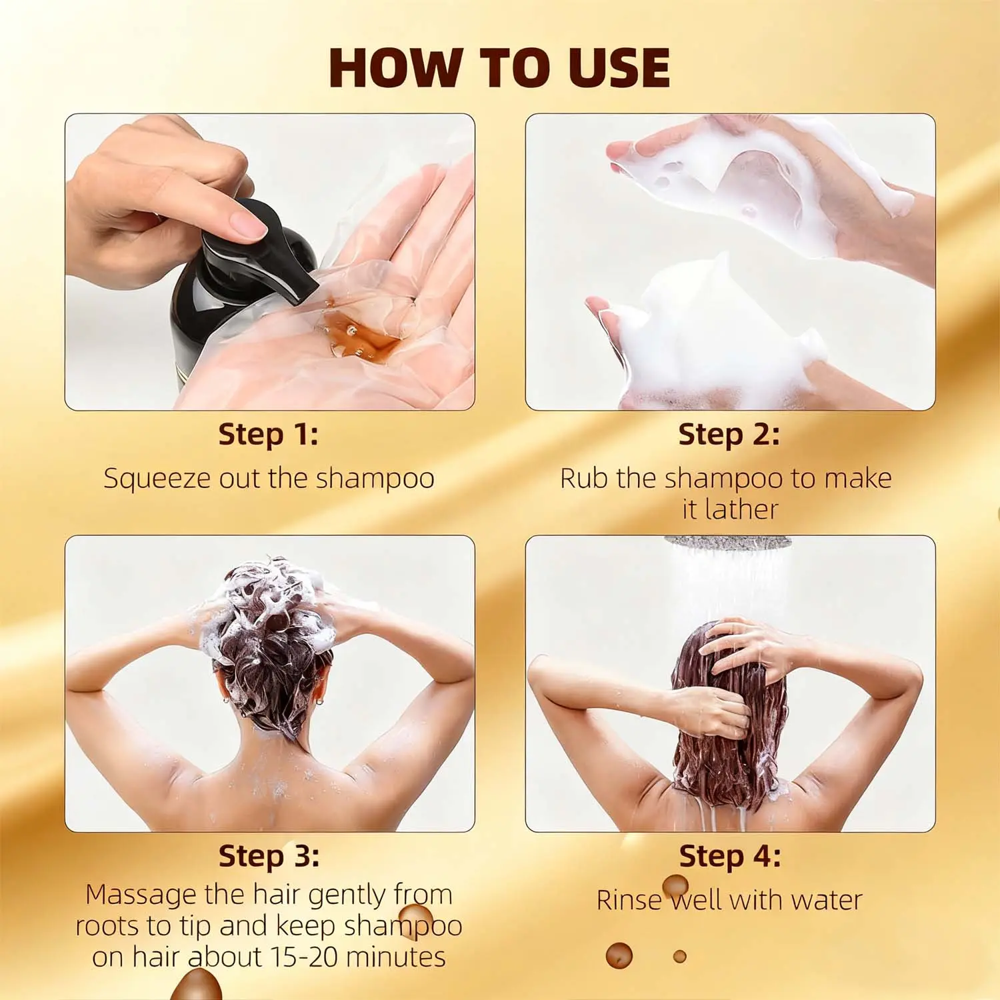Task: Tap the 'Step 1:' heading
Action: (269, 435)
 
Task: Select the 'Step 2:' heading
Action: (729, 435)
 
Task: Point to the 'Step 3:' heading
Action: (269, 856)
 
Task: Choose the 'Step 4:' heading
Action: (730, 856)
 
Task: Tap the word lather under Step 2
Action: (741, 510)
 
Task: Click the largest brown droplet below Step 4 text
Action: (619, 956)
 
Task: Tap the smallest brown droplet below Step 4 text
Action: (680, 957)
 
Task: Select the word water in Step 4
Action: (827, 901)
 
